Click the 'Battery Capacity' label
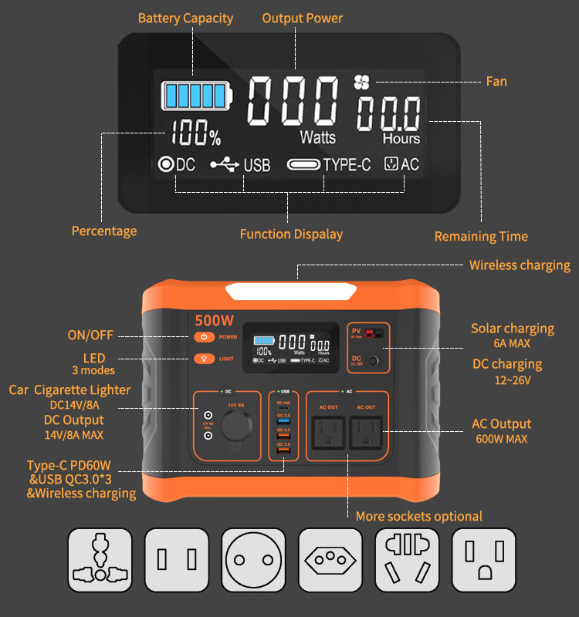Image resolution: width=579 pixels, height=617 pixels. (x=185, y=18)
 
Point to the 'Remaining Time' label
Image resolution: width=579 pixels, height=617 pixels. (x=481, y=237)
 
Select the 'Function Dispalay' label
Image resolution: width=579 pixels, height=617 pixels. (x=291, y=234)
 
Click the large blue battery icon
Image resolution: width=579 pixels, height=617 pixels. (x=196, y=96)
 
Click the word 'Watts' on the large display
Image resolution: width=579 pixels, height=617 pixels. (x=318, y=137)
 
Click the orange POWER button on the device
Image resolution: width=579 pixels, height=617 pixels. (x=204, y=337)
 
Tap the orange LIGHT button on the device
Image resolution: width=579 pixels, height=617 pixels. (x=204, y=358)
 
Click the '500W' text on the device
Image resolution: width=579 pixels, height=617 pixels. (x=213, y=319)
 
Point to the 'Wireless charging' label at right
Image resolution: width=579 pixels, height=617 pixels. (x=520, y=265)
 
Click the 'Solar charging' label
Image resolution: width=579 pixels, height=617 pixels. (x=513, y=329)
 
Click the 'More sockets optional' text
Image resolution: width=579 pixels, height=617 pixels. (x=418, y=516)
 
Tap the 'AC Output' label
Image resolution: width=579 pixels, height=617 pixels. (x=501, y=423)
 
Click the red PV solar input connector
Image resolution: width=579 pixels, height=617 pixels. (x=374, y=333)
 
